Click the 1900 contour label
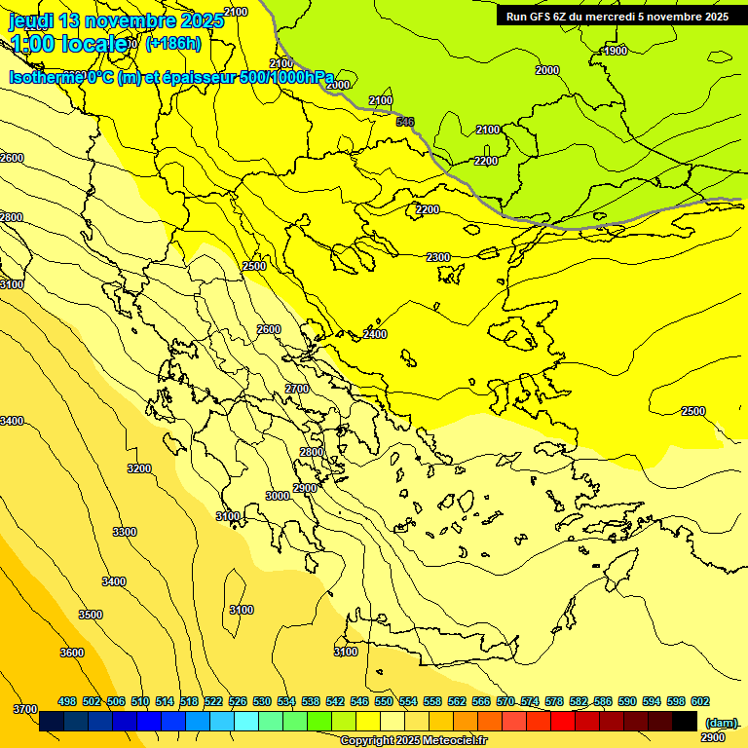click(615, 51)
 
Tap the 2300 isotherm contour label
click(438, 257)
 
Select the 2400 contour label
click(375, 334)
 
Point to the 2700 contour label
click(297, 389)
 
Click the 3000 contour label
click(278, 496)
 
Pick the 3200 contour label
click(139, 468)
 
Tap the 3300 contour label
click(125, 532)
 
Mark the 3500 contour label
click(91, 615)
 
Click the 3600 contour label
click(72, 653)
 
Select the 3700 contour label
click(25, 708)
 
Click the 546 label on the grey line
click(405, 122)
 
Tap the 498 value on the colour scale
click(67, 701)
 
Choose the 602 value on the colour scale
click(700, 701)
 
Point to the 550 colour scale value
click(384, 701)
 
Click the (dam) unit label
click(722, 723)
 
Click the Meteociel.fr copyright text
click(415, 741)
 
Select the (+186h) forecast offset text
click(172, 43)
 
